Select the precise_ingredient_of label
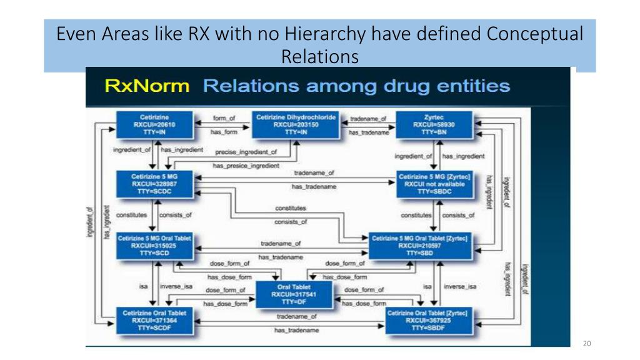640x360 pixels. coord(246,152)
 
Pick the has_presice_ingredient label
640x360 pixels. coord(246,166)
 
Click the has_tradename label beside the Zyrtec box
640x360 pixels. coord(368,132)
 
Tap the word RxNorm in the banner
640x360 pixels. coord(147,86)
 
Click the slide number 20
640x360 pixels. coord(586,343)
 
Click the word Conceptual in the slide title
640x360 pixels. coord(535,34)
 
